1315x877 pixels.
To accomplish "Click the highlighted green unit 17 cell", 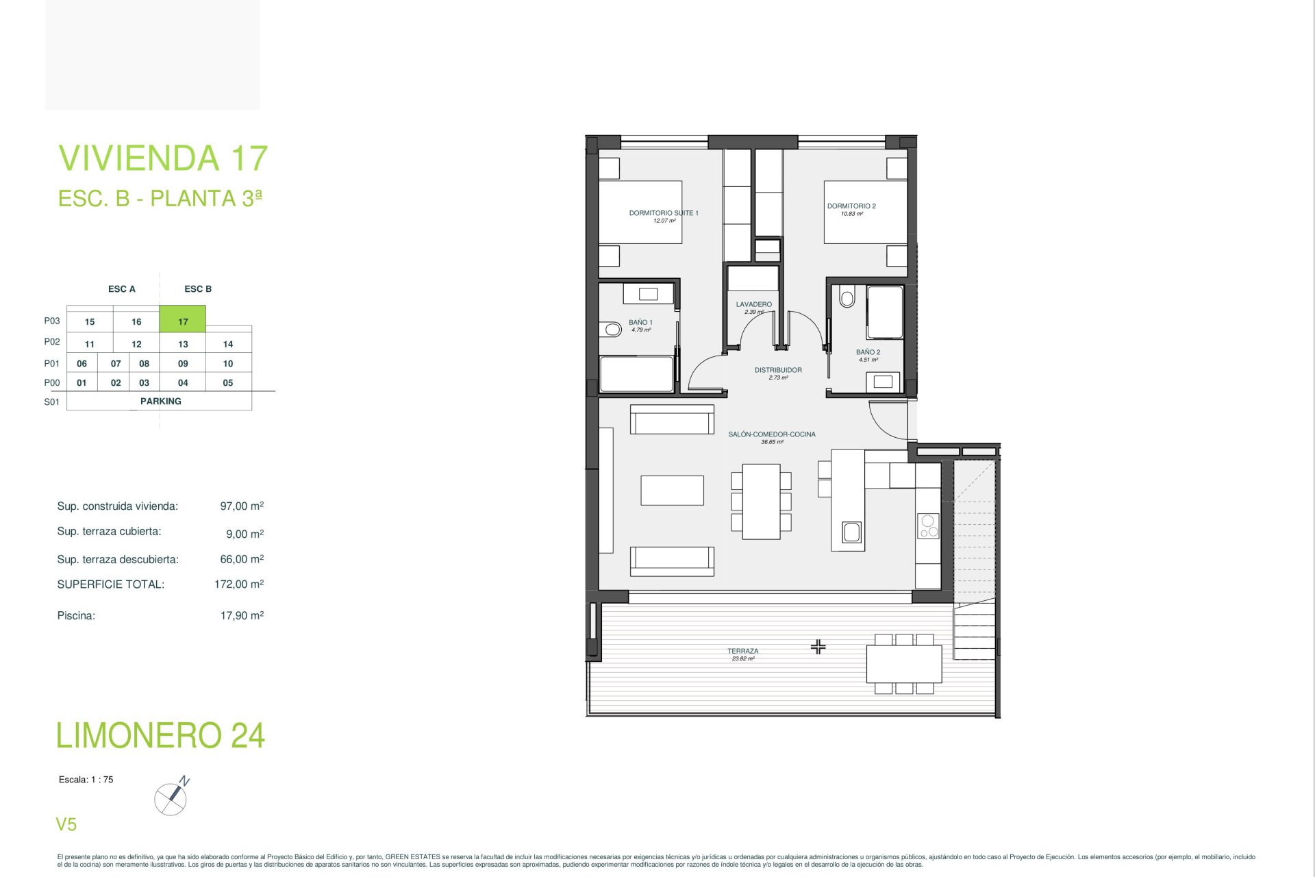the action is tap(182, 319).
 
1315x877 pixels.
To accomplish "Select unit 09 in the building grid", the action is tap(183, 364).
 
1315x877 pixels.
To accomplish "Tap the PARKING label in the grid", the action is tap(161, 402).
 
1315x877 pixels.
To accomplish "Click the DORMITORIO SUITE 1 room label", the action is tap(664, 213).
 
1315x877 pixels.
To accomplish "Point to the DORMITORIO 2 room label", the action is tap(851, 206).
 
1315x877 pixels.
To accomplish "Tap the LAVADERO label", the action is tap(753, 304).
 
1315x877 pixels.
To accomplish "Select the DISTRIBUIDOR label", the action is tap(778, 370).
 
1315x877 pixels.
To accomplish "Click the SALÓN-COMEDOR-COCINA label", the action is tap(772, 434).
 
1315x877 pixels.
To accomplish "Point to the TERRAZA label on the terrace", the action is tap(743, 651).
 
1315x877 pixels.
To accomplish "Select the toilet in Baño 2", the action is tap(847, 298).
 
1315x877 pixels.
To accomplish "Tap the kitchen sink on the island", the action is tap(852, 532).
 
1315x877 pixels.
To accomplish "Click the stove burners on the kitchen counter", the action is tap(928, 526).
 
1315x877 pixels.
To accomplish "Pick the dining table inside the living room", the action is tap(762, 502).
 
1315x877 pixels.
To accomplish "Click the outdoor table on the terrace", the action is tap(904, 664).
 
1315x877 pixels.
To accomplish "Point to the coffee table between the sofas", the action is tap(672, 491).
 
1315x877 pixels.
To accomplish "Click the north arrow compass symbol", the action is tap(172, 796).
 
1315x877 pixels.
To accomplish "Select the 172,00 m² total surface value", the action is tap(239, 584).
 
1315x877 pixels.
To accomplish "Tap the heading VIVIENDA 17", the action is tap(163, 158).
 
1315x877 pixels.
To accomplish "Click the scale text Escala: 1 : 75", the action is tap(86, 780).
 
